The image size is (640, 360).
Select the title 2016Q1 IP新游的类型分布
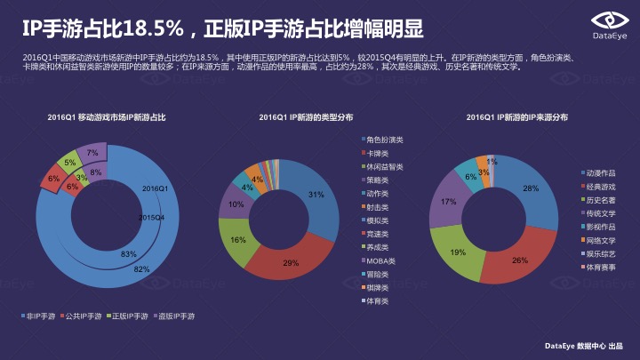click(x=306, y=116)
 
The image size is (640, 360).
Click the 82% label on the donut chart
click(x=140, y=268)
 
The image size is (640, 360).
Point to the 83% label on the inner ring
click(x=130, y=254)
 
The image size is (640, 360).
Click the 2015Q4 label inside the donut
click(x=152, y=216)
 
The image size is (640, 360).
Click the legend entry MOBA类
click(x=383, y=261)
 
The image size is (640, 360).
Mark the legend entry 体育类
click(x=383, y=302)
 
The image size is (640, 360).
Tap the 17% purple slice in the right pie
click(x=448, y=203)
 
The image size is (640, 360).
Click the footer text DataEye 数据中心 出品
click(x=584, y=345)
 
